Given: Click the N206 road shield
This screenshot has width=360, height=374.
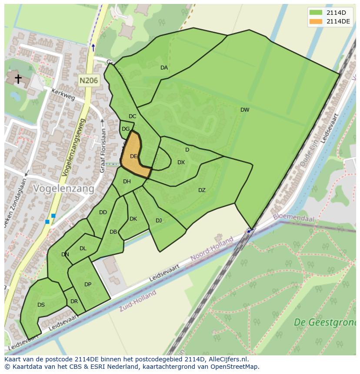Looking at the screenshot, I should pos(89,80).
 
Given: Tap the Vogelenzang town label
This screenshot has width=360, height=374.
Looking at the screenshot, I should pos(63,189).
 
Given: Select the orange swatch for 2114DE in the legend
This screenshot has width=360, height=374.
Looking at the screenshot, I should pos(316,21).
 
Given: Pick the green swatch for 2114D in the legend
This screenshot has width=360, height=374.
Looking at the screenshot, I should pos(316,13).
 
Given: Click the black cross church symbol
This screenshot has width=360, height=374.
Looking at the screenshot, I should pos(18,79).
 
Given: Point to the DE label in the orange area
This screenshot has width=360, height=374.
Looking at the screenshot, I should pos(133,156).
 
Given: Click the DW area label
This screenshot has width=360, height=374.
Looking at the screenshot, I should pos(245,110).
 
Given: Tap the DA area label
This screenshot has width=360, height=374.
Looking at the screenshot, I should pos(164,68).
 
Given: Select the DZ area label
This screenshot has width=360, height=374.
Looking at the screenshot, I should pos(202,190).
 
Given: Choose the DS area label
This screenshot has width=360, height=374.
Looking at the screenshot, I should pos(41,305).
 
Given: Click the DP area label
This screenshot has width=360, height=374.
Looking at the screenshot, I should pos(88,285).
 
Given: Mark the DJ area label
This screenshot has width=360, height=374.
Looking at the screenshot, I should pos(159,221).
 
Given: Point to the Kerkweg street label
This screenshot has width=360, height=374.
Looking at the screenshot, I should pos(63,94).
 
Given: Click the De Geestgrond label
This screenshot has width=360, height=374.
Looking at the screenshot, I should pos(324,322).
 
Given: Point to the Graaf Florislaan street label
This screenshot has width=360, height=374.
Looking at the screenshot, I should pos(103,150).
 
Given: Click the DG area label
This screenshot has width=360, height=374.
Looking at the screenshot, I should pos(126,129).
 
